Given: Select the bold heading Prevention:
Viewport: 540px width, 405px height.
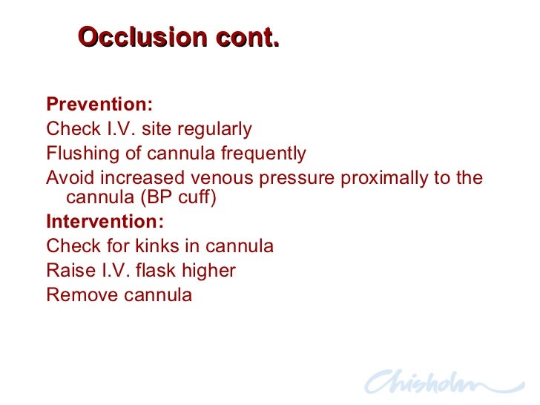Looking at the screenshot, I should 99,104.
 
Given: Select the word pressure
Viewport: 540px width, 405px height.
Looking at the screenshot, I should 291,179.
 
